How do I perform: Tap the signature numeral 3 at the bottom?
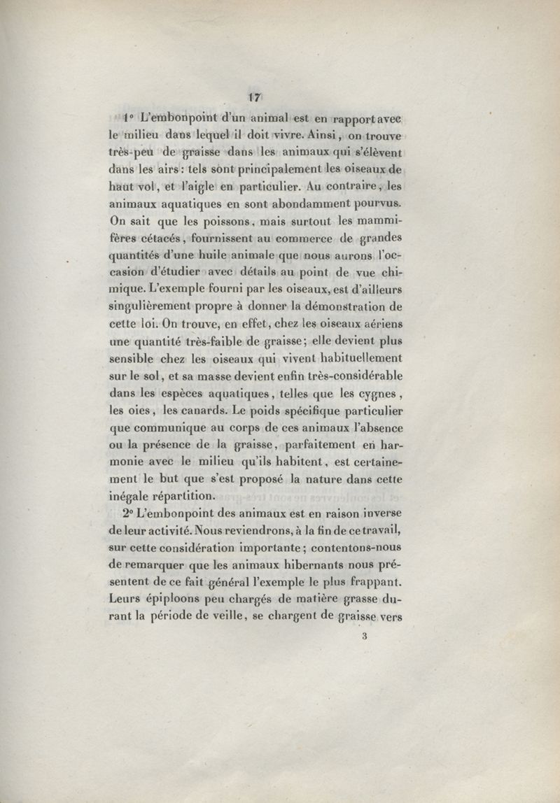pos(365,637)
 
